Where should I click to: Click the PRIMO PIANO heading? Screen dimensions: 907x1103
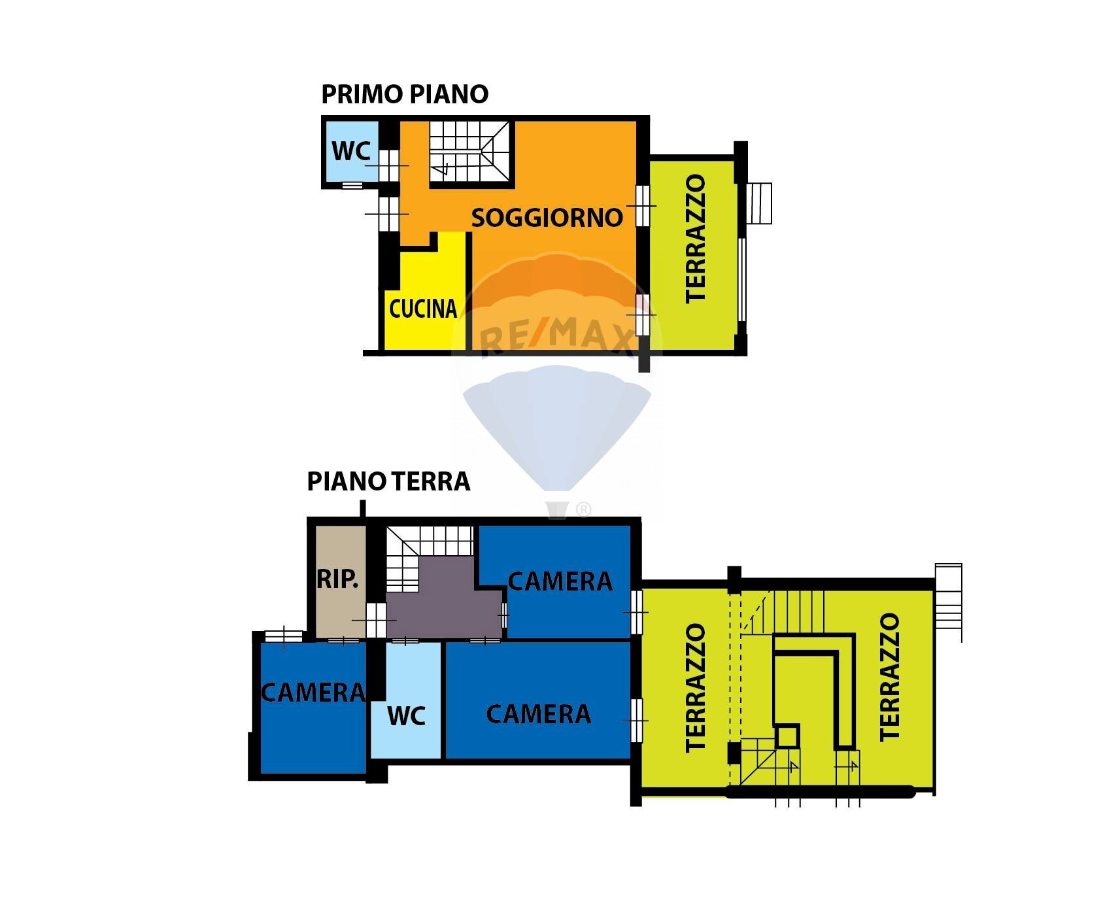(405, 94)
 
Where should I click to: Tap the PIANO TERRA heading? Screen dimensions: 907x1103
(388, 481)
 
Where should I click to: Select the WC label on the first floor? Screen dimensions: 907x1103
(351, 151)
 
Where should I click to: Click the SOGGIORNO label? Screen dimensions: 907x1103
(547, 218)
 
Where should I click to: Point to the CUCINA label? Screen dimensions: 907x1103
(422, 309)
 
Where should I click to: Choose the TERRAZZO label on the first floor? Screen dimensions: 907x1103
(695, 239)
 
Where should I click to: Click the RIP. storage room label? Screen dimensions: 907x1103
(337, 579)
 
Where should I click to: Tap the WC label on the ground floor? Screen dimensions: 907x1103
(406, 716)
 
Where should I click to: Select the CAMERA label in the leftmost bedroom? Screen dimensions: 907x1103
(313, 693)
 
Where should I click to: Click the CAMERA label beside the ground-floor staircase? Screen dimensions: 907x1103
(560, 581)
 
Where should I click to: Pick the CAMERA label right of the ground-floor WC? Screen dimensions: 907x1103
(538, 714)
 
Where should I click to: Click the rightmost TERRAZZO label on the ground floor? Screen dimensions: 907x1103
(889, 677)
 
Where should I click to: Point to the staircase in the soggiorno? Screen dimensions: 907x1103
(469, 152)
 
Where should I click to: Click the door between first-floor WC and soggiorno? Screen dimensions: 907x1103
(389, 165)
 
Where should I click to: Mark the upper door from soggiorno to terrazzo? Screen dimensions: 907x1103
(643, 205)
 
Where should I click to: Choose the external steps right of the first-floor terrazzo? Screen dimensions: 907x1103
(760, 203)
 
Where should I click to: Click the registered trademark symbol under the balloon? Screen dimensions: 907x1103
(583, 509)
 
